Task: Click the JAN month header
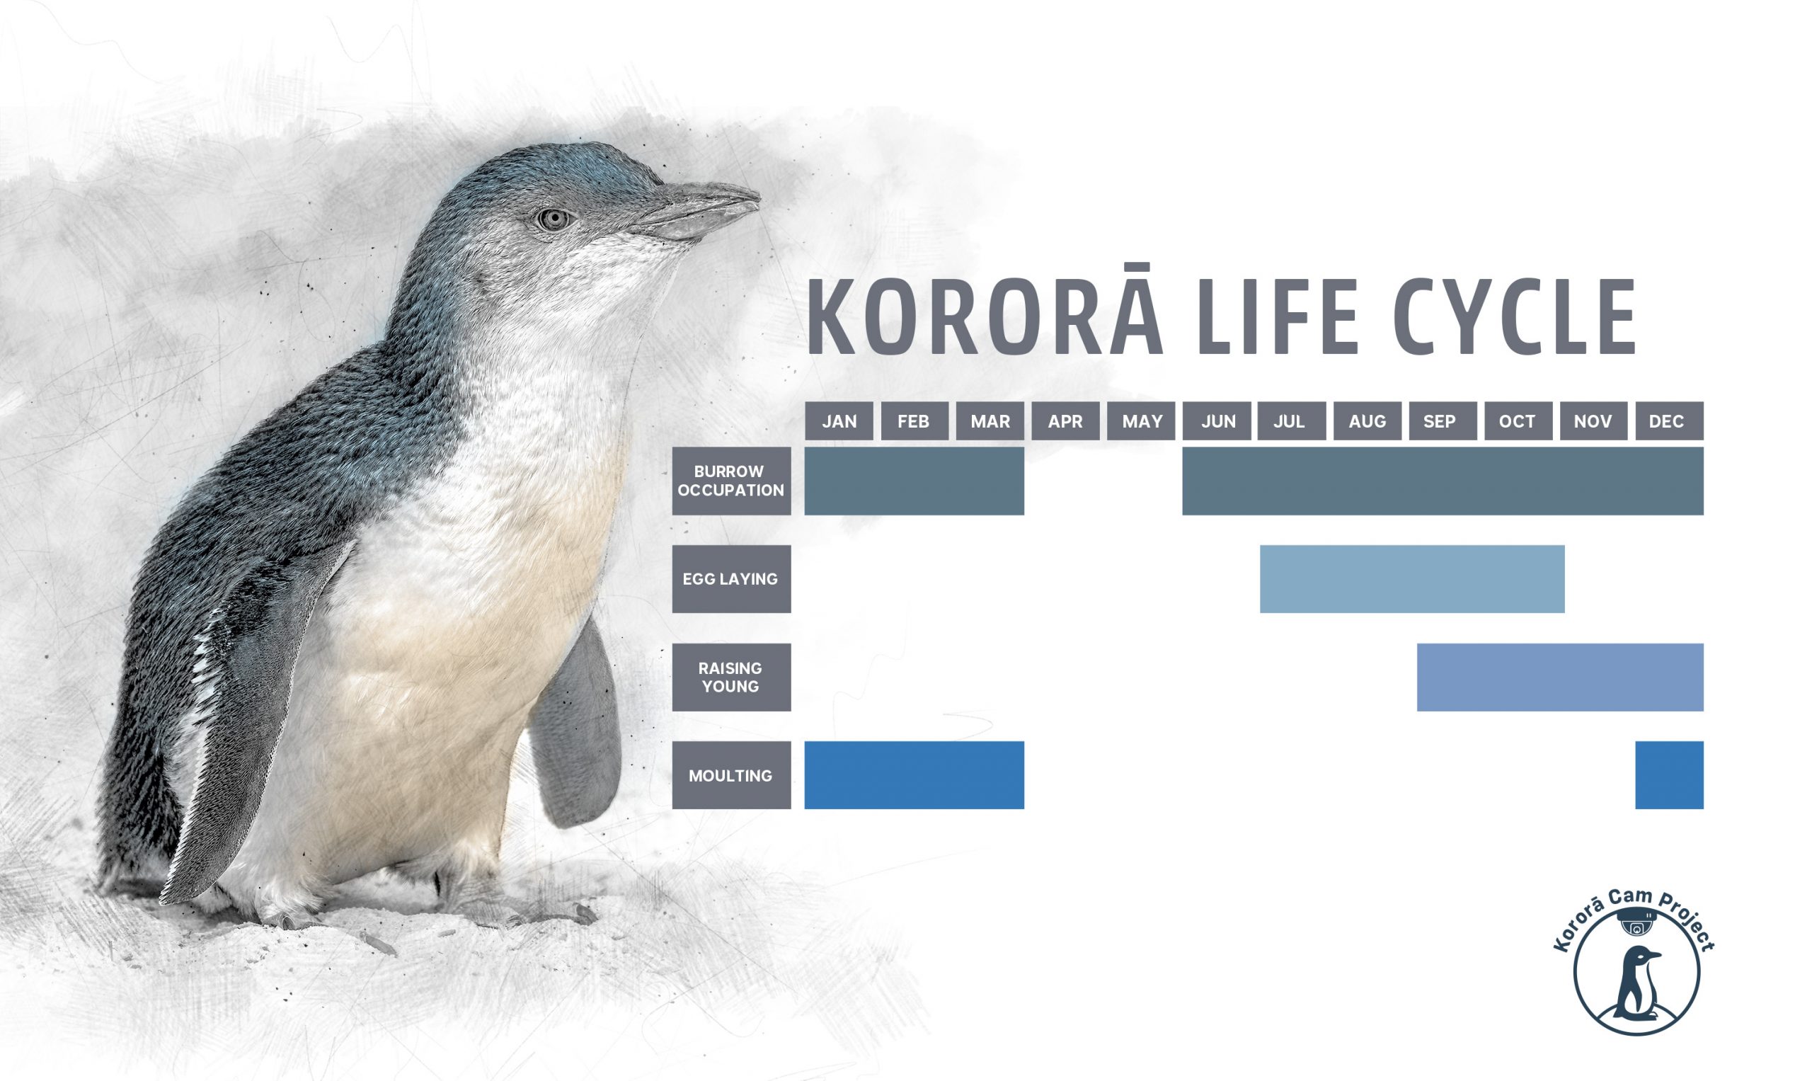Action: pyautogui.click(x=839, y=421)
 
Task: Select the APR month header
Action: pyautogui.click(x=1065, y=421)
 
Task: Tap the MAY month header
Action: pyautogui.click(x=1141, y=421)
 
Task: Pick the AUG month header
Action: pyautogui.click(x=1367, y=421)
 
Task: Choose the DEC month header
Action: pyautogui.click(x=1669, y=421)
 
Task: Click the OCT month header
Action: pyautogui.click(x=1518, y=421)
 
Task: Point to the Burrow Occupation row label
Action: pyautogui.click(x=731, y=481)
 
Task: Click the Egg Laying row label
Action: pyautogui.click(x=731, y=579)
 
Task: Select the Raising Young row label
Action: pyautogui.click(x=731, y=677)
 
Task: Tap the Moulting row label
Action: pyautogui.click(x=731, y=775)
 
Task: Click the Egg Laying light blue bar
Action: pyautogui.click(x=1412, y=579)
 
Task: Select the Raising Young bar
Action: pyautogui.click(x=1560, y=677)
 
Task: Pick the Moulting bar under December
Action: pyautogui.click(x=1669, y=775)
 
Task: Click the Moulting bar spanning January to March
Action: pyautogui.click(x=914, y=775)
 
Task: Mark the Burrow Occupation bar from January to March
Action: pyautogui.click(x=914, y=481)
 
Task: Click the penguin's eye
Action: pyautogui.click(x=554, y=218)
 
